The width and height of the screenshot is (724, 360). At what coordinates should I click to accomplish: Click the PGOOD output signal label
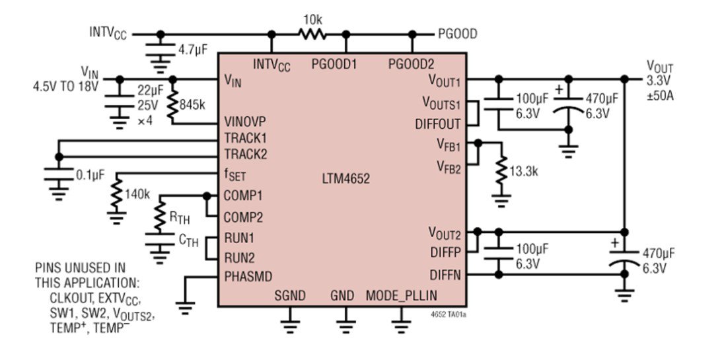tap(457, 33)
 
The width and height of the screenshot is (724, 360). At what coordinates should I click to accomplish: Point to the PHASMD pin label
tap(248, 275)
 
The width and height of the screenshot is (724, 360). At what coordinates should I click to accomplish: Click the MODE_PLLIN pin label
tap(401, 295)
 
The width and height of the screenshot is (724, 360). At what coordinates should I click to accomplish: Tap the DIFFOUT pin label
tap(439, 124)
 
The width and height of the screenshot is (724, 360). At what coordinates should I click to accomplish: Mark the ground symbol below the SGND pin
tap(289, 324)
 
